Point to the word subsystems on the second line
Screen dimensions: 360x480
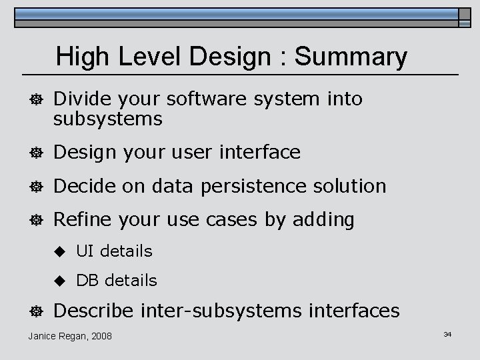tap(108, 119)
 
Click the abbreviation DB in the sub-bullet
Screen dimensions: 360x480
tap(87, 281)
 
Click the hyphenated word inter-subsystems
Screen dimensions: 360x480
tap(223, 311)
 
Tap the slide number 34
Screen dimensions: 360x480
tap(447, 334)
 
